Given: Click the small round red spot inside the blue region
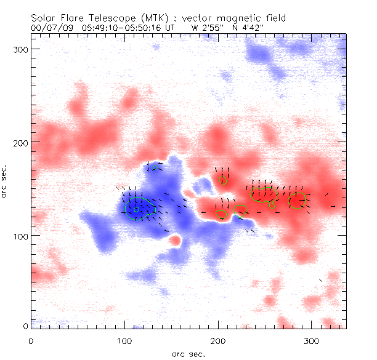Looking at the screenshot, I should tap(176, 240).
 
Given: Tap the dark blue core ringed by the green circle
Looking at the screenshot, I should tap(137, 209).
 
